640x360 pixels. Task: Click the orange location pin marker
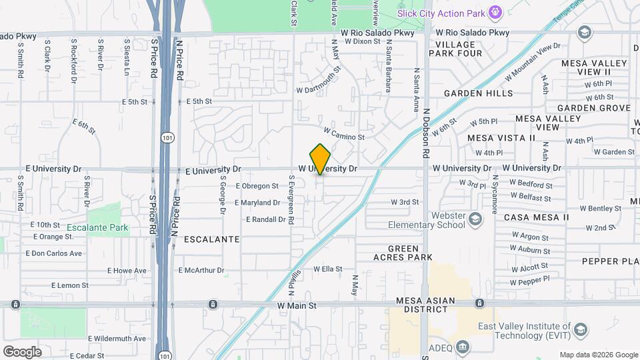[x=321, y=159]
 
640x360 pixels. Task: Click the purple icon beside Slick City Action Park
[x=495, y=12]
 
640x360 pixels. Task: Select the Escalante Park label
[x=97, y=227]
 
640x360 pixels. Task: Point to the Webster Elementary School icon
[x=475, y=219]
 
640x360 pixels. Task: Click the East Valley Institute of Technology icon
[x=581, y=330]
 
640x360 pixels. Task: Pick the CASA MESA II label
[x=536, y=217]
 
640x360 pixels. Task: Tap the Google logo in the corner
[x=22, y=351]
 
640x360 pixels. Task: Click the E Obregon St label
[x=257, y=186]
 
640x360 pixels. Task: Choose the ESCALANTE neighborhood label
[x=211, y=239]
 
